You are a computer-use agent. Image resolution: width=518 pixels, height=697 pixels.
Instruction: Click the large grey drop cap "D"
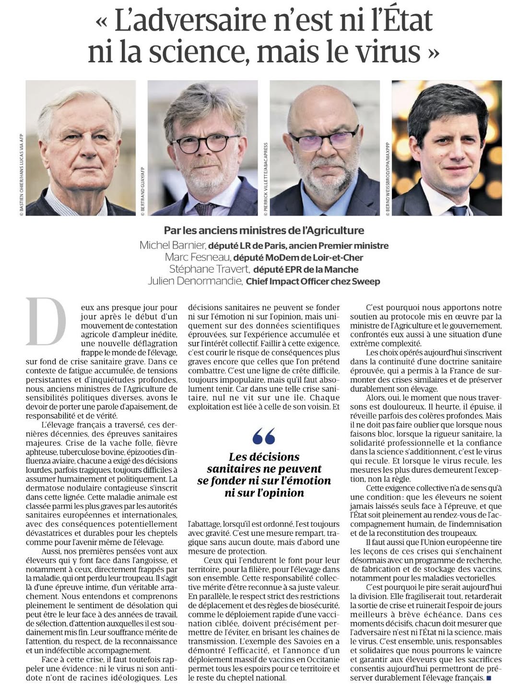click(x=46, y=321)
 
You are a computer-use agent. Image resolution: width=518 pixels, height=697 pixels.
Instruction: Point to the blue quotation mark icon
click(x=264, y=436)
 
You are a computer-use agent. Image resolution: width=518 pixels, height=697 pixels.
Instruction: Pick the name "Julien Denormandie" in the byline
click(x=195, y=281)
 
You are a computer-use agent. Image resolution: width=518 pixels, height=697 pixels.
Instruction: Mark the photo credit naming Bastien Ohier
click(x=21, y=175)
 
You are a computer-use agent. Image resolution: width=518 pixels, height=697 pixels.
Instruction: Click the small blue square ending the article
click(x=489, y=678)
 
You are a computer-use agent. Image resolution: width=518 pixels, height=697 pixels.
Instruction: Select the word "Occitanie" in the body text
click(x=321, y=660)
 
